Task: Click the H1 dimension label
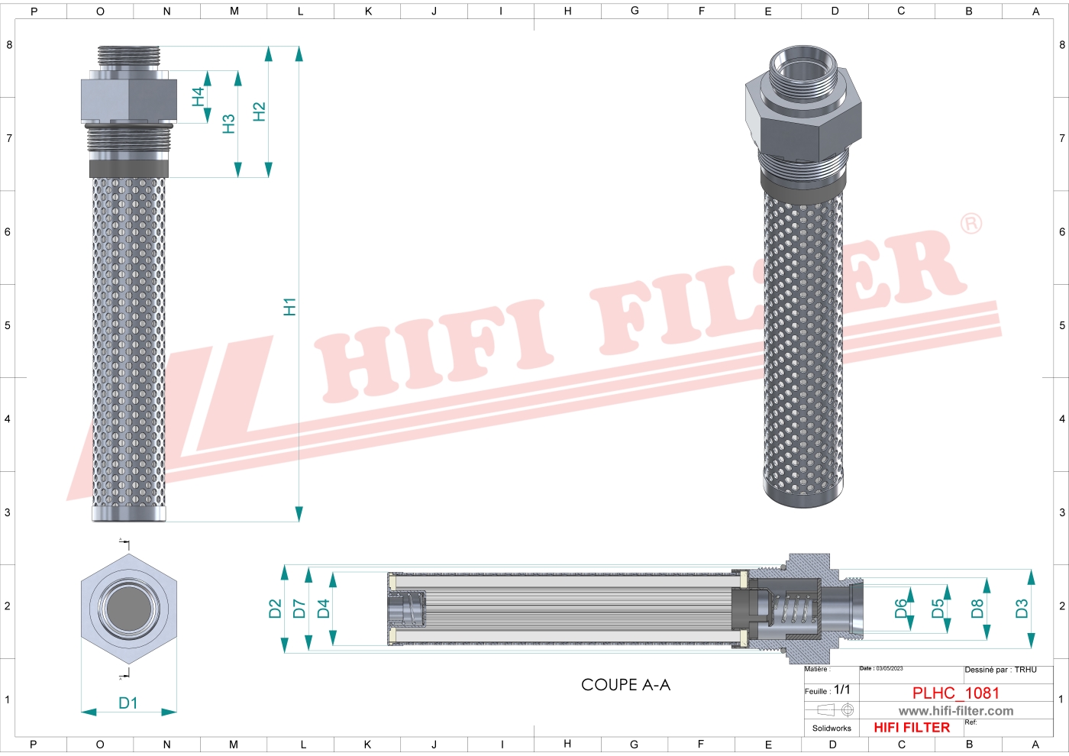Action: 289,307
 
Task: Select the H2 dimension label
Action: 259,111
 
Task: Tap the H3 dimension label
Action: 228,124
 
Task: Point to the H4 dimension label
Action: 198,96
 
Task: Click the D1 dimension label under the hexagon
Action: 128,703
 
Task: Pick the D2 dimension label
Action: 275,609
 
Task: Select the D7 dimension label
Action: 299,609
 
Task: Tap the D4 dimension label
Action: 324,609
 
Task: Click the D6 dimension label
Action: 901,608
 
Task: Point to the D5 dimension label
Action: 938,608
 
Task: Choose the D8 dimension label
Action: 977,609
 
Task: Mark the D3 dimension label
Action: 1022,609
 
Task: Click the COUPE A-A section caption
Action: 625,685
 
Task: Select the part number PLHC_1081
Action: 955,693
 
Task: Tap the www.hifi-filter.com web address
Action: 955,711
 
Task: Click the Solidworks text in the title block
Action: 832,729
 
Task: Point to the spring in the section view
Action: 794,609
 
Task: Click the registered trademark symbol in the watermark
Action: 970,224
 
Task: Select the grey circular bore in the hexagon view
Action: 129,609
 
